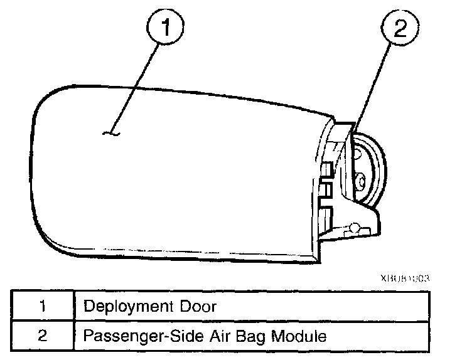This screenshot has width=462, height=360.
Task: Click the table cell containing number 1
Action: click(x=42, y=307)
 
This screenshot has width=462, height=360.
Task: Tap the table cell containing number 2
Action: click(x=42, y=336)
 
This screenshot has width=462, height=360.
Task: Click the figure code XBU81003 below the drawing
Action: click(x=404, y=277)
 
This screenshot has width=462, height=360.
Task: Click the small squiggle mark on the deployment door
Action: click(x=112, y=132)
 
